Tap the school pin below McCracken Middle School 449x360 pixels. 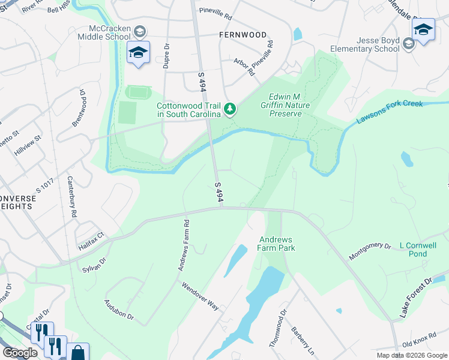click(138, 53)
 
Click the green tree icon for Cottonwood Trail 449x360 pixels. click(230, 109)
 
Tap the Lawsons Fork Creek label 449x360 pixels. click(390, 112)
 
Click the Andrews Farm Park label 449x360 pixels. click(277, 243)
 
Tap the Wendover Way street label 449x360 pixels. click(200, 296)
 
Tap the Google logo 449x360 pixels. click(20, 352)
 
